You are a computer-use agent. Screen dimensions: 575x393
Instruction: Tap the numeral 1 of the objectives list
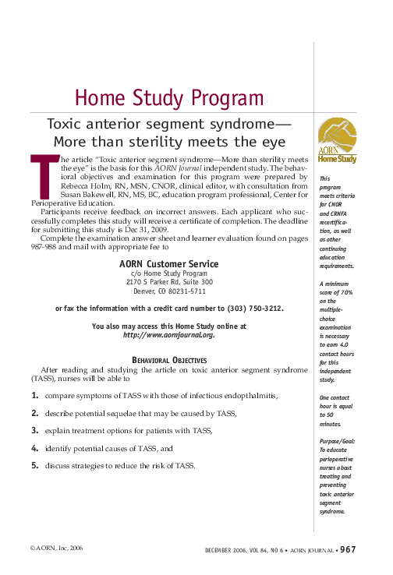(35, 396)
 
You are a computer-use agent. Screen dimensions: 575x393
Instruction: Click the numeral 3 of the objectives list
(35, 430)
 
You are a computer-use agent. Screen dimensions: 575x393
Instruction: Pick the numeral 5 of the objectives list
(35, 466)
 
